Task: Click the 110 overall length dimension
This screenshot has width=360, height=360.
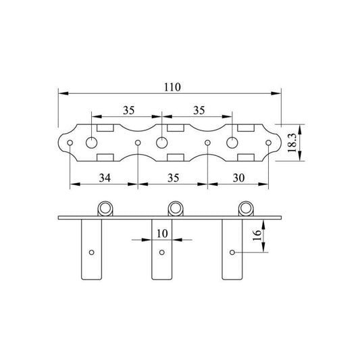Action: coord(172,87)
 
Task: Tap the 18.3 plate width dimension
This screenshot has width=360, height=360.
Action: coord(292,143)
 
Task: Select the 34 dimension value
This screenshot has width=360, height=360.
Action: coord(105,178)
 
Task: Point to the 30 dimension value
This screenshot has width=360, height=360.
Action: coord(239,178)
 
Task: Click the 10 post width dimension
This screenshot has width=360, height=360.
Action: coord(162,234)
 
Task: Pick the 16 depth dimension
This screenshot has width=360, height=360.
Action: coord(257,235)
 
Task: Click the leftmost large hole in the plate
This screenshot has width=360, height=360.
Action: coord(92,143)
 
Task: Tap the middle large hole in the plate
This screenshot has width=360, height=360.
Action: coord(162,143)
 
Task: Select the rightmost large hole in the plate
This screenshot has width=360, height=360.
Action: coord(232,143)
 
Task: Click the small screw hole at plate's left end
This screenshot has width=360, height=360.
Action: coord(70,143)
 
